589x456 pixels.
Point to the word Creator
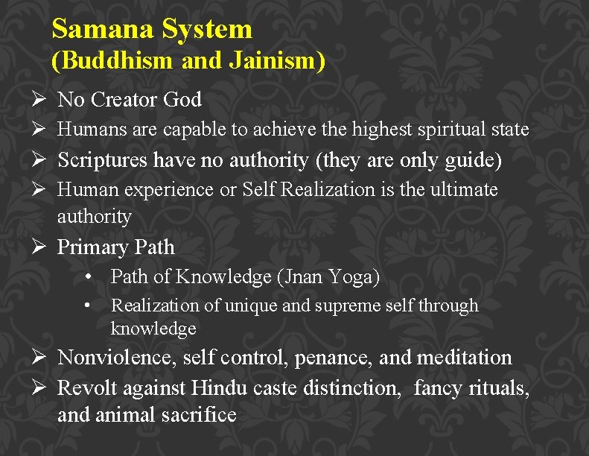click(124, 99)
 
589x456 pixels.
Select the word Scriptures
click(104, 160)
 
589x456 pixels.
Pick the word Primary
click(92, 247)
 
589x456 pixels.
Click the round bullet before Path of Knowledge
click(88, 277)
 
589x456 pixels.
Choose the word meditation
click(465, 358)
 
